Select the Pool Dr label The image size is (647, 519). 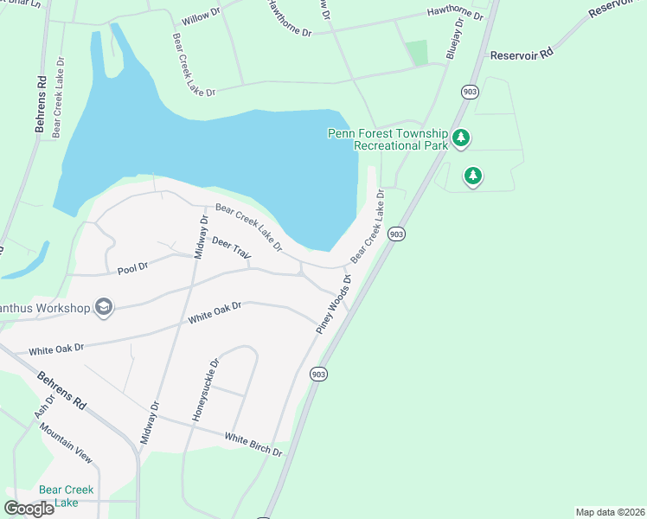coord(133,269)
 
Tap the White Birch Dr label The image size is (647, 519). coord(253,445)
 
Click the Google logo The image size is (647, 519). coord(29,509)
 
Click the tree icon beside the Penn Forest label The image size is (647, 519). coord(461,137)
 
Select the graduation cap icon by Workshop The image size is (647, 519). coord(104,306)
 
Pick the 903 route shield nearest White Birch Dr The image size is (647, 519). coord(318,374)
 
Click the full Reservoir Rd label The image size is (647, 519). coord(521,54)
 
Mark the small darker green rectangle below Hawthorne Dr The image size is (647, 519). coord(418,53)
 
